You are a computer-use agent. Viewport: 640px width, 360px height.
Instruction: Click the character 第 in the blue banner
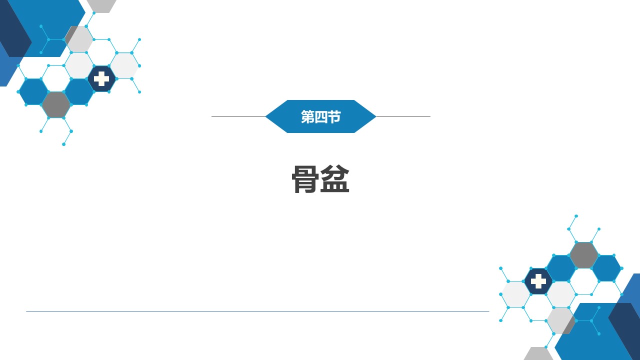307,117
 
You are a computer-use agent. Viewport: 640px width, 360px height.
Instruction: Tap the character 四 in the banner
321,117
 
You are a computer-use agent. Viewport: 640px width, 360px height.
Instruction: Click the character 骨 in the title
304,179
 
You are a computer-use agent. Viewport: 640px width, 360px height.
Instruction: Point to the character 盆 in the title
335,179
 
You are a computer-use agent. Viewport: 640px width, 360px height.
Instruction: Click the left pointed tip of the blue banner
265,116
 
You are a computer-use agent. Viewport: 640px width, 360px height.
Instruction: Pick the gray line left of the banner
238,116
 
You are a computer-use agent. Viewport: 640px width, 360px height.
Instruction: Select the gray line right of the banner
403,116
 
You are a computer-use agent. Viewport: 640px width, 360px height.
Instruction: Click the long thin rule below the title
257,311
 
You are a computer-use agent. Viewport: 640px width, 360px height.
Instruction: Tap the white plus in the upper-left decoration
101,79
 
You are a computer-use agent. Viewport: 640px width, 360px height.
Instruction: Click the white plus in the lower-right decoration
538,281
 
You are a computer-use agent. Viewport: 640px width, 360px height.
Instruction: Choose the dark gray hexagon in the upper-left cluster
56,105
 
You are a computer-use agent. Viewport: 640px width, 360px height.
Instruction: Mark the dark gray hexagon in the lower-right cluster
583,255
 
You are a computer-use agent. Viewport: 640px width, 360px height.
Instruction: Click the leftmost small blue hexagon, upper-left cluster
33,91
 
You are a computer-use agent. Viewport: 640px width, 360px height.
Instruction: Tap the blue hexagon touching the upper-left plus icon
79,91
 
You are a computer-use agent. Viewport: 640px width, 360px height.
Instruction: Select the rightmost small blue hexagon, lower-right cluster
606,268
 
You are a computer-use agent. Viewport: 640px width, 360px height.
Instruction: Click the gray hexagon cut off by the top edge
101,5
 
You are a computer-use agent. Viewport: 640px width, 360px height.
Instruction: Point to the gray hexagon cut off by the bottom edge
538,354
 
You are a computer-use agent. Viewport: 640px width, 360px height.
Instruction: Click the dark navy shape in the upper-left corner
13,28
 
